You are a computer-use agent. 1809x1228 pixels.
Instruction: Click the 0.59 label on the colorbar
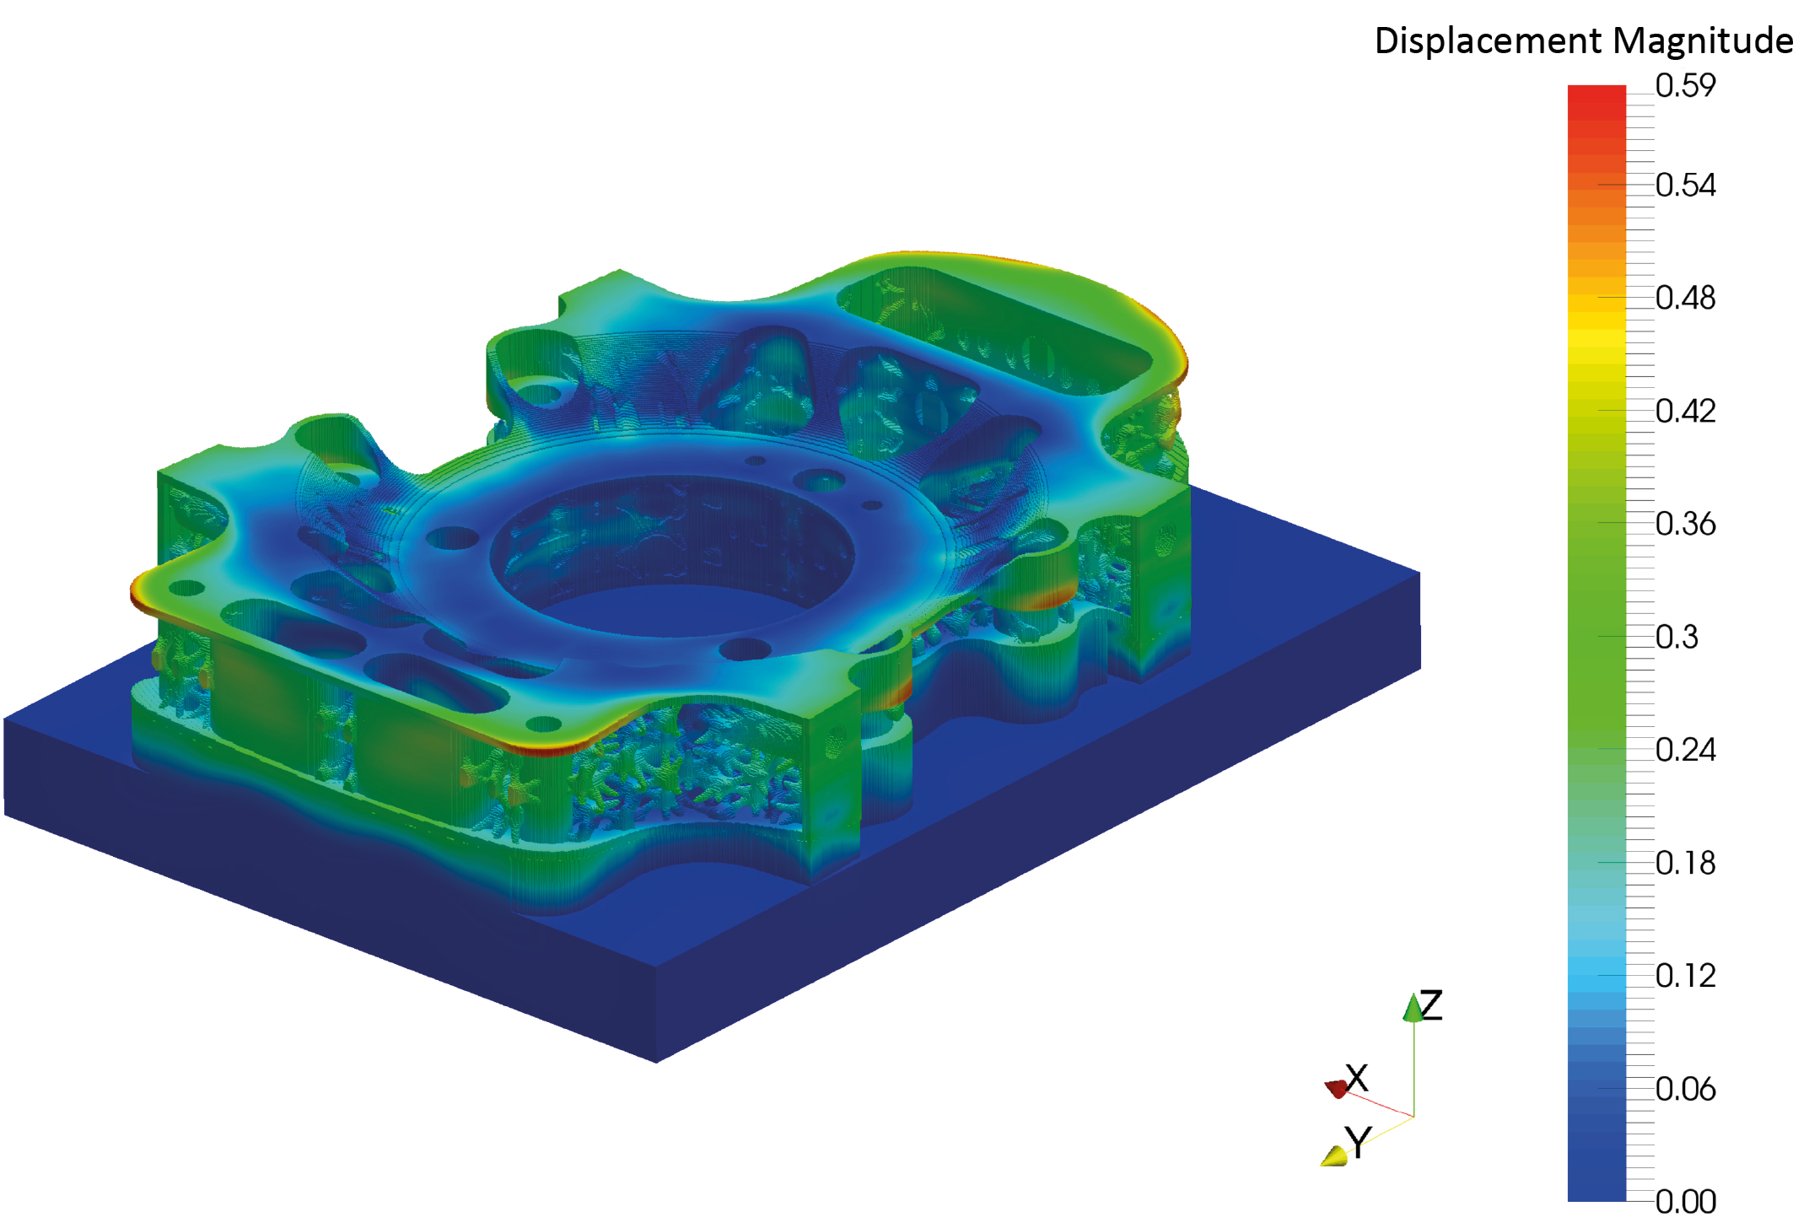(1684, 85)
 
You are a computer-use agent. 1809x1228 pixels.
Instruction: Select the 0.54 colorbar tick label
(1684, 185)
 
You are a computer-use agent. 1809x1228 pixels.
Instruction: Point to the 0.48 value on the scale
(1684, 298)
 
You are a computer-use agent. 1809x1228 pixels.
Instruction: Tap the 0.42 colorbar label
(1684, 411)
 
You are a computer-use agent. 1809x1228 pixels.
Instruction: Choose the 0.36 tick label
(1684, 524)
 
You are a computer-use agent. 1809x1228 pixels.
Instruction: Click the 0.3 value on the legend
(1676, 637)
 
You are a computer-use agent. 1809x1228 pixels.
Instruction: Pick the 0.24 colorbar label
(1684, 749)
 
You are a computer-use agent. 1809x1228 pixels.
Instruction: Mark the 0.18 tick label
(1684, 863)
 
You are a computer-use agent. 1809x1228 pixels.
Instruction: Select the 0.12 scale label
(1684, 976)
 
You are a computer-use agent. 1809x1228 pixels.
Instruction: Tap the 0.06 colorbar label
(1684, 1089)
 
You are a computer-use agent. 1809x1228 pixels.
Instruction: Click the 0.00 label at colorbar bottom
(1684, 1201)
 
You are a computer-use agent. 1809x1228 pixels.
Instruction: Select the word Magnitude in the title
(1703, 40)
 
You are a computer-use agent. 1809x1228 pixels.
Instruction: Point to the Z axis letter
(1431, 1005)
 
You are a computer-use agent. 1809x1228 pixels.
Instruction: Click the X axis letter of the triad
(1357, 1078)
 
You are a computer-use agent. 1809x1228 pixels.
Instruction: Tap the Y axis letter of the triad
(1359, 1142)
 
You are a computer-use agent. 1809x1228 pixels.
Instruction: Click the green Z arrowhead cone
(1413, 1009)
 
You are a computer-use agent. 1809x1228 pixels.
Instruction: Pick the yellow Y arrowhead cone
(1335, 1156)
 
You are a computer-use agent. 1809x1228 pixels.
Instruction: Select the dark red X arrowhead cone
(1337, 1089)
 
